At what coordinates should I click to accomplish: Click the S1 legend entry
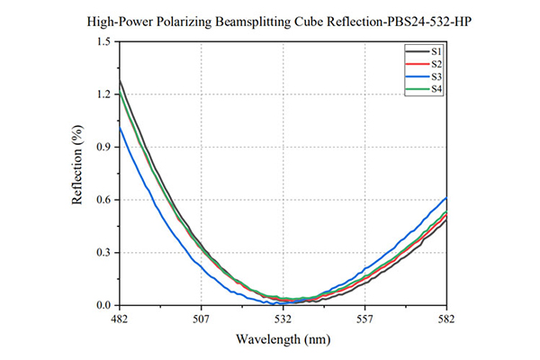(x=424, y=51)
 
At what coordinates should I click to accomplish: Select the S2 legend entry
(x=424, y=64)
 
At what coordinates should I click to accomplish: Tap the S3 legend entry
(x=424, y=76)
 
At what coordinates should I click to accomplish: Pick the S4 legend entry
(x=424, y=89)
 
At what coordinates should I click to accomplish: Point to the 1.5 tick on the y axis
(x=104, y=41)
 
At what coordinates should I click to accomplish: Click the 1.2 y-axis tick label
(x=104, y=94)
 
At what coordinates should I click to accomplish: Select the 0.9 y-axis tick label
(x=104, y=147)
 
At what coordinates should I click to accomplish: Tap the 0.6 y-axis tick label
(x=104, y=200)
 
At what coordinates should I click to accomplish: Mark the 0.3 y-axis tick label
(x=104, y=253)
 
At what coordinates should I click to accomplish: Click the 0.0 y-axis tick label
(x=104, y=305)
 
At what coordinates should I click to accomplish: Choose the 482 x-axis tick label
(x=119, y=319)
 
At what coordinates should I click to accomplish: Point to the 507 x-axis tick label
(x=201, y=319)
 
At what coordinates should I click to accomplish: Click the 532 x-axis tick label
(x=283, y=319)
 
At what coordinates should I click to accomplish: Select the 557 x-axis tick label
(x=364, y=319)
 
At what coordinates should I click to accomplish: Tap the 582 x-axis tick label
(x=446, y=319)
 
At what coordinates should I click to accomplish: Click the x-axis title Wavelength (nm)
(x=283, y=339)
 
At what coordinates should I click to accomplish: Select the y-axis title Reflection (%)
(x=77, y=165)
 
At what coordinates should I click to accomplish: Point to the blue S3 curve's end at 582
(x=446, y=198)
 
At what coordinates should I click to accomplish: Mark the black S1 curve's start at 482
(x=119, y=80)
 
